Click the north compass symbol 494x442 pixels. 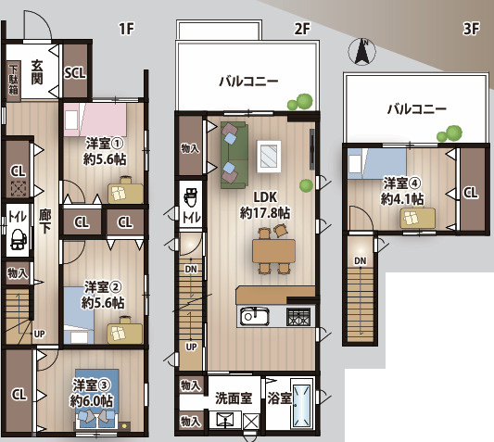click(x=362, y=52)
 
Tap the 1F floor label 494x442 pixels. click(x=127, y=29)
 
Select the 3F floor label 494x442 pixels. click(x=472, y=29)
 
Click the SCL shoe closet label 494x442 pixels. click(x=75, y=73)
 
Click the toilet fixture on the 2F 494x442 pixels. click(x=190, y=196)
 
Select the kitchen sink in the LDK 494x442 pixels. click(x=255, y=316)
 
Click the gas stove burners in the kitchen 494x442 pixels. click(x=298, y=317)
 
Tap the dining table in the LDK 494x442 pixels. click(x=273, y=251)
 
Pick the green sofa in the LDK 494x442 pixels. click(x=234, y=155)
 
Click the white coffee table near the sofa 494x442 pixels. click(x=269, y=157)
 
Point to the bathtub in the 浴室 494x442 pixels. click(x=302, y=405)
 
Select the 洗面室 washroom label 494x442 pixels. click(x=234, y=398)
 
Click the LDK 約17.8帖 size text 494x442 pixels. click(x=265, y=212)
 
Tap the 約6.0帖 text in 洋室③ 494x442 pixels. click(x=92, y=401)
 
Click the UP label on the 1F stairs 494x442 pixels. click(x=39, y=334)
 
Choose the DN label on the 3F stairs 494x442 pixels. click(x=361, y=261)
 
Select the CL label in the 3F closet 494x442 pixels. click(x=471, y=193)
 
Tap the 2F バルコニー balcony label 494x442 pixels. click(x=249, y=82)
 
